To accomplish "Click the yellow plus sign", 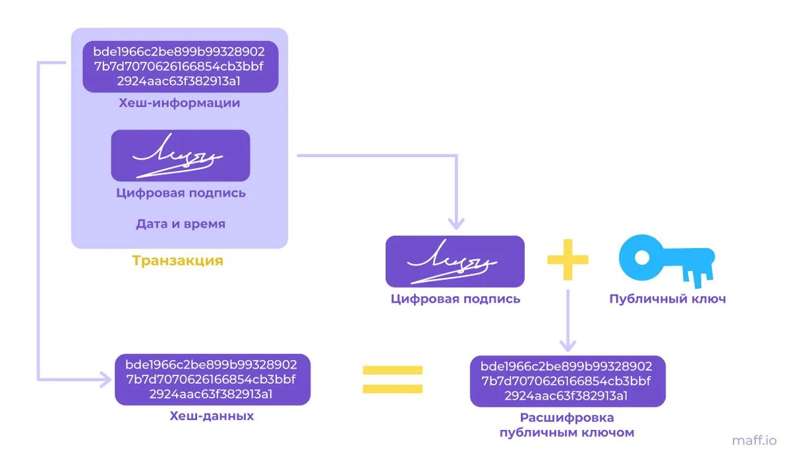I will (x=568, y=260).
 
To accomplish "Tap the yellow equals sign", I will (x=392, y=379).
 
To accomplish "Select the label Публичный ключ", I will (x=668, y=299).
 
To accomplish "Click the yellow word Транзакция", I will (x=178, y=260).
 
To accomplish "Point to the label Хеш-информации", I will (x=179, y=104).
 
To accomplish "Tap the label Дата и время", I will (x=181, y=224).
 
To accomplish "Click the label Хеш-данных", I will (x=212, y=416).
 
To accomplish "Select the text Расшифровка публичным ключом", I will (x=567, y=425).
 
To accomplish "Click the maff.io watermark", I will (x=754, y=440).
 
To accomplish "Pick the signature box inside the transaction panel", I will (x=181, y=156).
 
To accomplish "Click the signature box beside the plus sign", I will (x=455, y=261).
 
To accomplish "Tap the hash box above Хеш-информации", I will (x=181, y=67).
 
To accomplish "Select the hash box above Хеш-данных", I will (x=212, y=380).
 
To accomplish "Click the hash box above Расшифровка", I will (x=568, y=381).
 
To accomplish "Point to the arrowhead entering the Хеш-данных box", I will (x=107, y=379).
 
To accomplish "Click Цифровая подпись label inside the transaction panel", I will (x=181, y=193).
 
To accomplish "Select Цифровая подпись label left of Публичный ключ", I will (x=455, y=299).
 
